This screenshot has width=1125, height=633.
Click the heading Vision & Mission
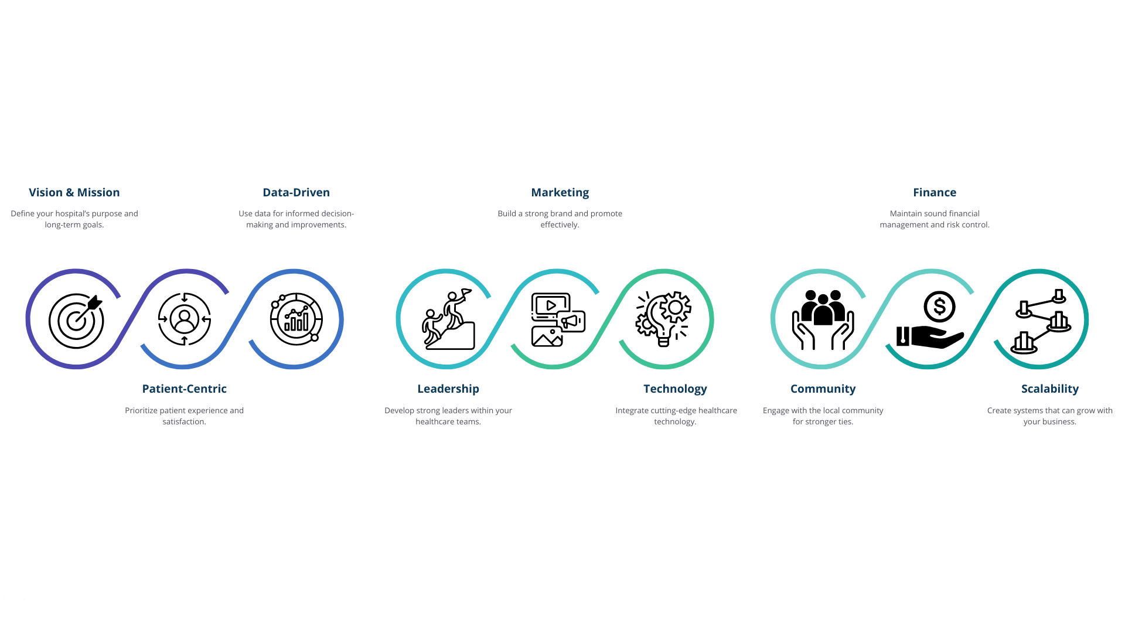(74, 192)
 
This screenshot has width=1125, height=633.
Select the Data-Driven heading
(296, 192)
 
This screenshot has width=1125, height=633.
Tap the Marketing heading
(560, 192)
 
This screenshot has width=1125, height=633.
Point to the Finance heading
(934, 192)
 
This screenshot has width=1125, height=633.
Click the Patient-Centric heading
(184, 389)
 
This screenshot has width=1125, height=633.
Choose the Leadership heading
(448, 389)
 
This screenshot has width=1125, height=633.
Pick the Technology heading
(675, 389)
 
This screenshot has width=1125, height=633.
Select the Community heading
(823, 389)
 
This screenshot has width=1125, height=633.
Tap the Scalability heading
(1049, 389)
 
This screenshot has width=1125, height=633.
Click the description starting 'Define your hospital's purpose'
(74, 219)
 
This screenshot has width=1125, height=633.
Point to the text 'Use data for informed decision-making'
(296, 219)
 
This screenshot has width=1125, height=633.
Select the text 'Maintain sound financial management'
(934, 219)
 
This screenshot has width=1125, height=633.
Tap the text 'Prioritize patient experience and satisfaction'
(184, 416)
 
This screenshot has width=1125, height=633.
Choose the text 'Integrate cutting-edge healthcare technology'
(676, 416)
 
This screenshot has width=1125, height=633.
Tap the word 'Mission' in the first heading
(98, 192)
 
